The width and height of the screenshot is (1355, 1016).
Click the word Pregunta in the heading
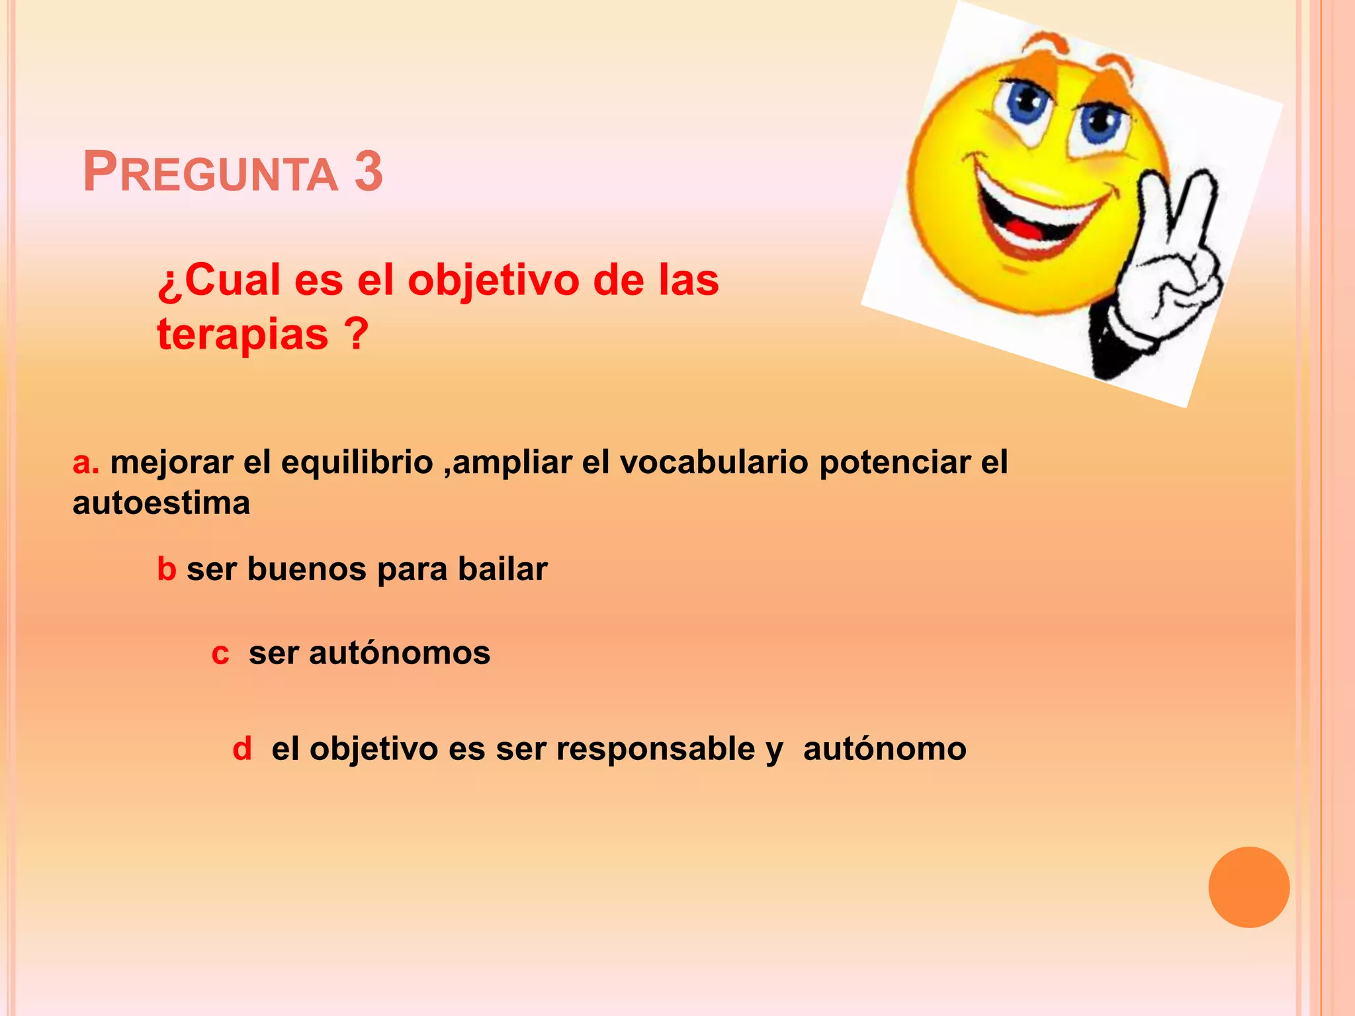click(210, 173)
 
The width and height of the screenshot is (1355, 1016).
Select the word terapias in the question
click(242, 334)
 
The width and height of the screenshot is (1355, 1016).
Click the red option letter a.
click(82, 463)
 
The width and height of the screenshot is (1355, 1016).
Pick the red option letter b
click(166, 570)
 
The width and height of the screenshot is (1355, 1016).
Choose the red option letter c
click(220, 654)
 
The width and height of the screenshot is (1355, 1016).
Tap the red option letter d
click(242, 749)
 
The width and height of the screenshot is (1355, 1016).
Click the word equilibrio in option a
click(357, 462)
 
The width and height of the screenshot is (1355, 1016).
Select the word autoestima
click(161, 504)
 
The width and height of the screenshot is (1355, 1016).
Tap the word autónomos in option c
click(399, 654)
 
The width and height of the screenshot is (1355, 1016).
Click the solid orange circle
click(1248, 887)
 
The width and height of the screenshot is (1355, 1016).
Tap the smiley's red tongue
click(1025, 230)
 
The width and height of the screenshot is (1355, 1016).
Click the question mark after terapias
click(356, 334)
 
